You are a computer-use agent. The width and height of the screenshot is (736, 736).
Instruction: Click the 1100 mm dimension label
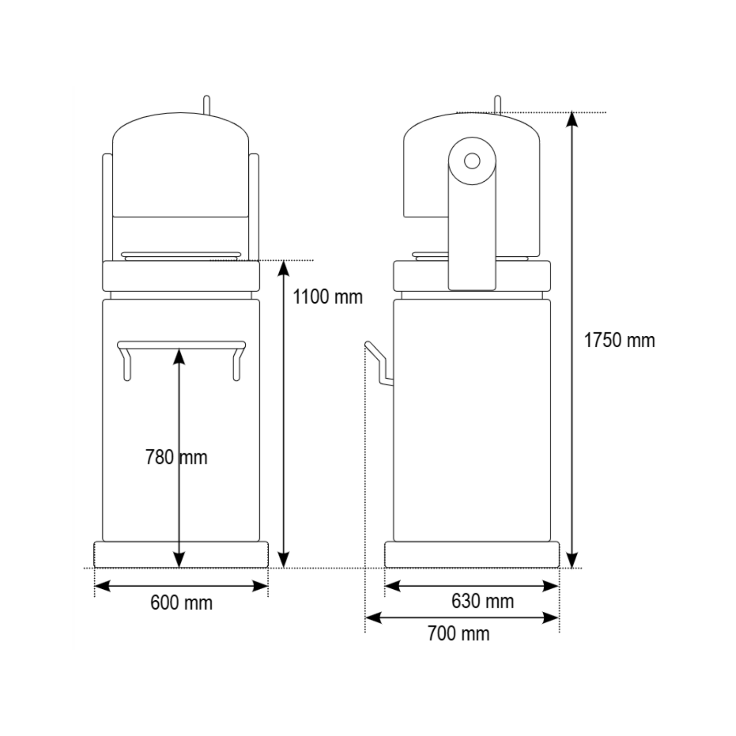328,297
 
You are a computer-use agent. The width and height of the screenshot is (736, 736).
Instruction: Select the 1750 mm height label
619,340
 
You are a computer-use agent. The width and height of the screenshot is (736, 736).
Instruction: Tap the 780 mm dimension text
176,457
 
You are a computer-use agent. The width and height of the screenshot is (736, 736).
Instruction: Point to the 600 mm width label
181,603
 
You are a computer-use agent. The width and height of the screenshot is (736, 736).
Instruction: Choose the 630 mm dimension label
483,601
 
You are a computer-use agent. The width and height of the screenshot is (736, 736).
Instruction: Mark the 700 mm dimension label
459,633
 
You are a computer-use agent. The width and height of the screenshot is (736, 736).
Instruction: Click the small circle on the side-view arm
472,161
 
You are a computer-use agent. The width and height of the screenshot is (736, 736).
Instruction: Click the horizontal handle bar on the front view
181,345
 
